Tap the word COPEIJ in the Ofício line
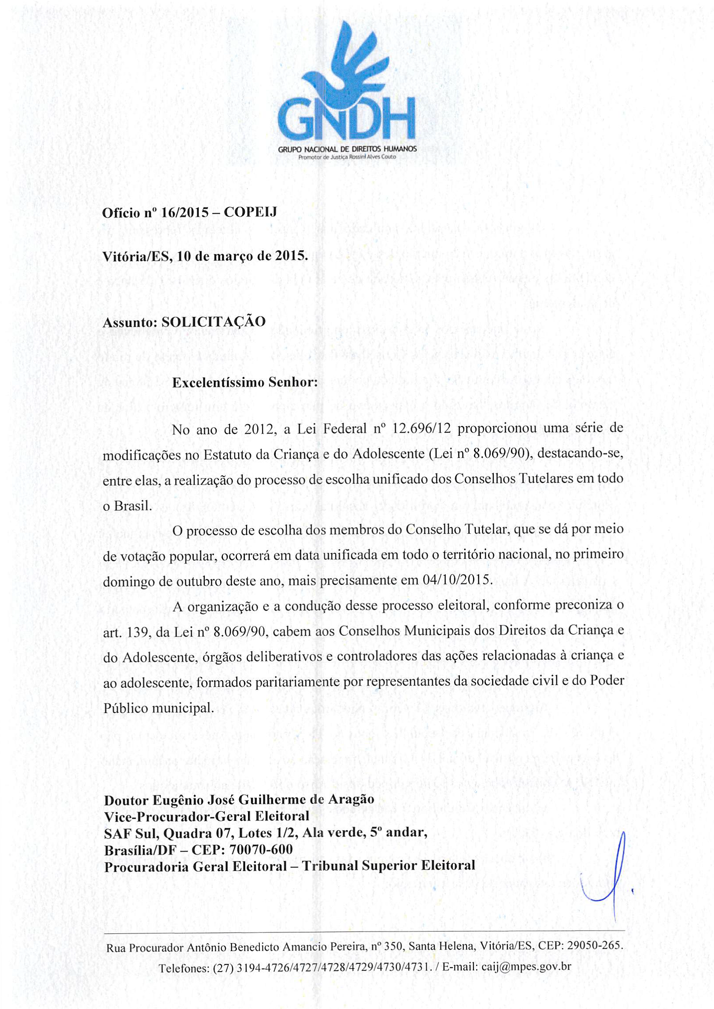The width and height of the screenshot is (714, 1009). point(250,213)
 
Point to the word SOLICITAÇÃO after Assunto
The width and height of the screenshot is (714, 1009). point(214,322)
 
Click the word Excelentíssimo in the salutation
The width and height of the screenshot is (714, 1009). point(218,382)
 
